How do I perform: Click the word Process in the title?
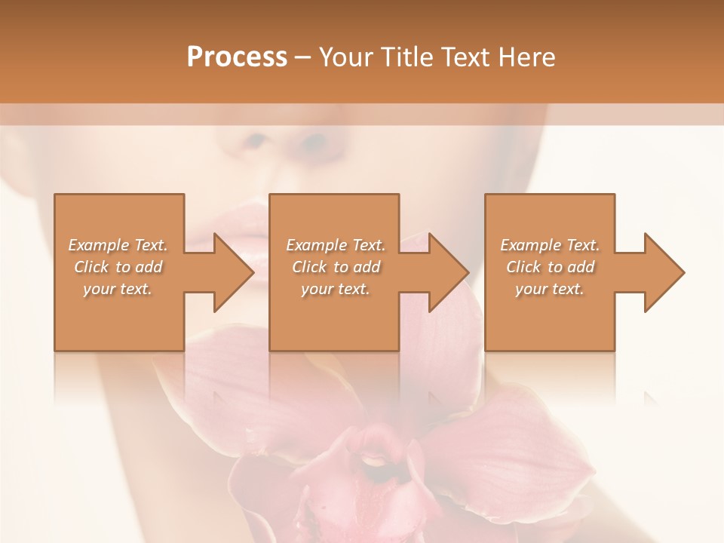pyautogui.click(x=237, y=57)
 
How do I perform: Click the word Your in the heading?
pyautogui.click(x=346, y=57)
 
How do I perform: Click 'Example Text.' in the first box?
pyautogui.click(x=118, y=245)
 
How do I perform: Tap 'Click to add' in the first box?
pyautogui.click(x=118, y=267)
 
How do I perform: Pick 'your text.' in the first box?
pyautogui.click(x=118, y=289)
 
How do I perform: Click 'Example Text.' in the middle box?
pyautogui.click(x=336, y=245)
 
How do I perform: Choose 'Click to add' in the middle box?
pyautogui.click(x=336, y=267)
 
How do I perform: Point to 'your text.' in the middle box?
pyautogui.click(x=336, y=289)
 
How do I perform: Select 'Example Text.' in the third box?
pyautogui.click(x=550, y=245)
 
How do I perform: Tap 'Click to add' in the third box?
pyautogui.click(x=550, y=267)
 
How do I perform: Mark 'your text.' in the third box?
pyautogui.click(x=550, y=289)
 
